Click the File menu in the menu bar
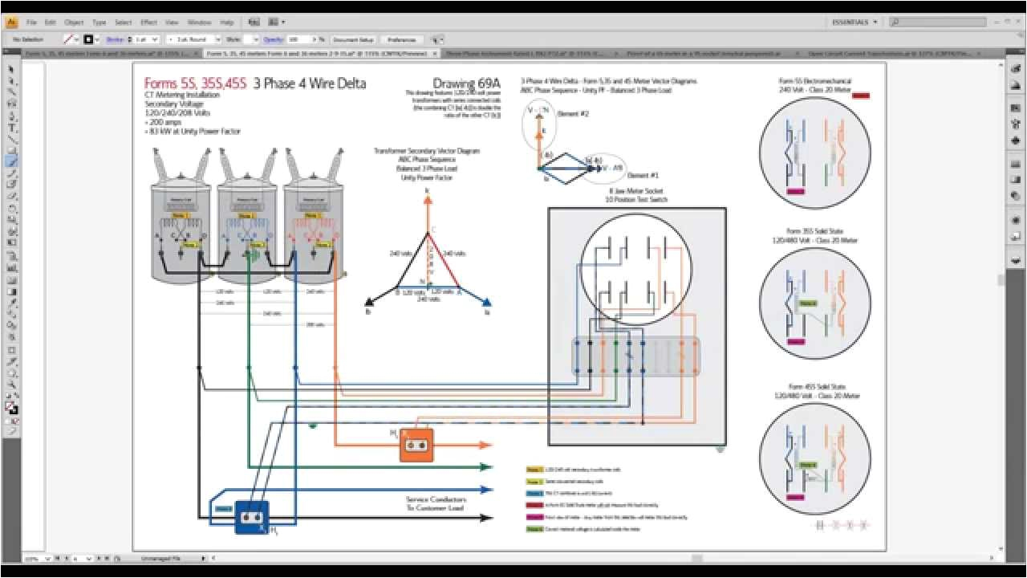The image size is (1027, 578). tap(31, 22)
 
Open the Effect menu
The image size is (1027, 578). tap(148, 22)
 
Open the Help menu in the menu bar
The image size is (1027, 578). tap(227, 22)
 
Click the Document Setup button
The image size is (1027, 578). tap(353, 39)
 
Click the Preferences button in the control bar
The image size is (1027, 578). tap(401, 39)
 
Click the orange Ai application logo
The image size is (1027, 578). tap(12, 22)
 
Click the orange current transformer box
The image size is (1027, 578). tap(416, 444)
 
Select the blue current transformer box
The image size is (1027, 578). tap(252, 518)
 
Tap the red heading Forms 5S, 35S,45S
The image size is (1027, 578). tap(195, 83)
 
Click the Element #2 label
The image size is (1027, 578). tap(574, 114)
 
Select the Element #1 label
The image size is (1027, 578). tap(643, 175)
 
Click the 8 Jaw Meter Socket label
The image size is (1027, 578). tap(636, 191)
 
